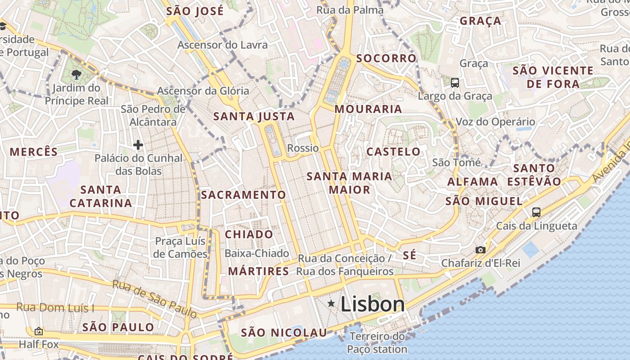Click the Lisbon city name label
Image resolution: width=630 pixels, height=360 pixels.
(373, 304)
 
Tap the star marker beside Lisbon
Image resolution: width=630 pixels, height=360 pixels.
(331, 304)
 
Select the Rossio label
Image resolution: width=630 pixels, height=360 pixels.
(303, 148)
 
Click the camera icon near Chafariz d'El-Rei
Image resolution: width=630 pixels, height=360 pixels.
(481, 250)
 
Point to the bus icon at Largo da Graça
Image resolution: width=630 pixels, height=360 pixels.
(455, 83)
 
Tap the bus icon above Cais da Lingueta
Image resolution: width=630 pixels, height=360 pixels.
(536, 212)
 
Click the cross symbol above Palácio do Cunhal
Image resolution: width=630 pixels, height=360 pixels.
(138, 145)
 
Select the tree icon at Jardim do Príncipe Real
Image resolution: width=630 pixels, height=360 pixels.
(76, 74)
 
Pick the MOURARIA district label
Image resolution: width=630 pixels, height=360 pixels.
(368, 109)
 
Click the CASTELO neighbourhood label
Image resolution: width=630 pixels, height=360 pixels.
(393, 152)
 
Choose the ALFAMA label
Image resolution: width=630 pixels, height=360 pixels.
(472, 182)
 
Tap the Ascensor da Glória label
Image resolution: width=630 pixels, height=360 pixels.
(202, 91)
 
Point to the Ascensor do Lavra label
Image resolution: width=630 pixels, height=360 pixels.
(222, 45)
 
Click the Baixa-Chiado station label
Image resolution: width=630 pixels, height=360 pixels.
(256, 253)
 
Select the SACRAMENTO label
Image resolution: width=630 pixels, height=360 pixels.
(243, 195)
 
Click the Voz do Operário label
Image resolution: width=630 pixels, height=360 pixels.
(495, 121)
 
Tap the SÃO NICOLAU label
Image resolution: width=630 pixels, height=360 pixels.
(283, 333)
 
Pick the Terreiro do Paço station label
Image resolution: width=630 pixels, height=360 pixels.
(377, 342)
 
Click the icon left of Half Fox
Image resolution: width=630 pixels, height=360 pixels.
(39, 332)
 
